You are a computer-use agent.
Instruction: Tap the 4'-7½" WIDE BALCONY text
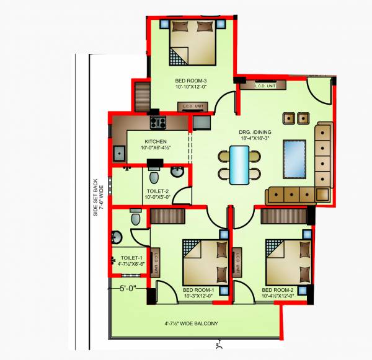[191, 323]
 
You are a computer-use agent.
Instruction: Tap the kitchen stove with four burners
[157, 122]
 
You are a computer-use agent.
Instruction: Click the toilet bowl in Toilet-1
[136, 218]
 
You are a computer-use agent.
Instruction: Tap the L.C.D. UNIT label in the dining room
[265, 86]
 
